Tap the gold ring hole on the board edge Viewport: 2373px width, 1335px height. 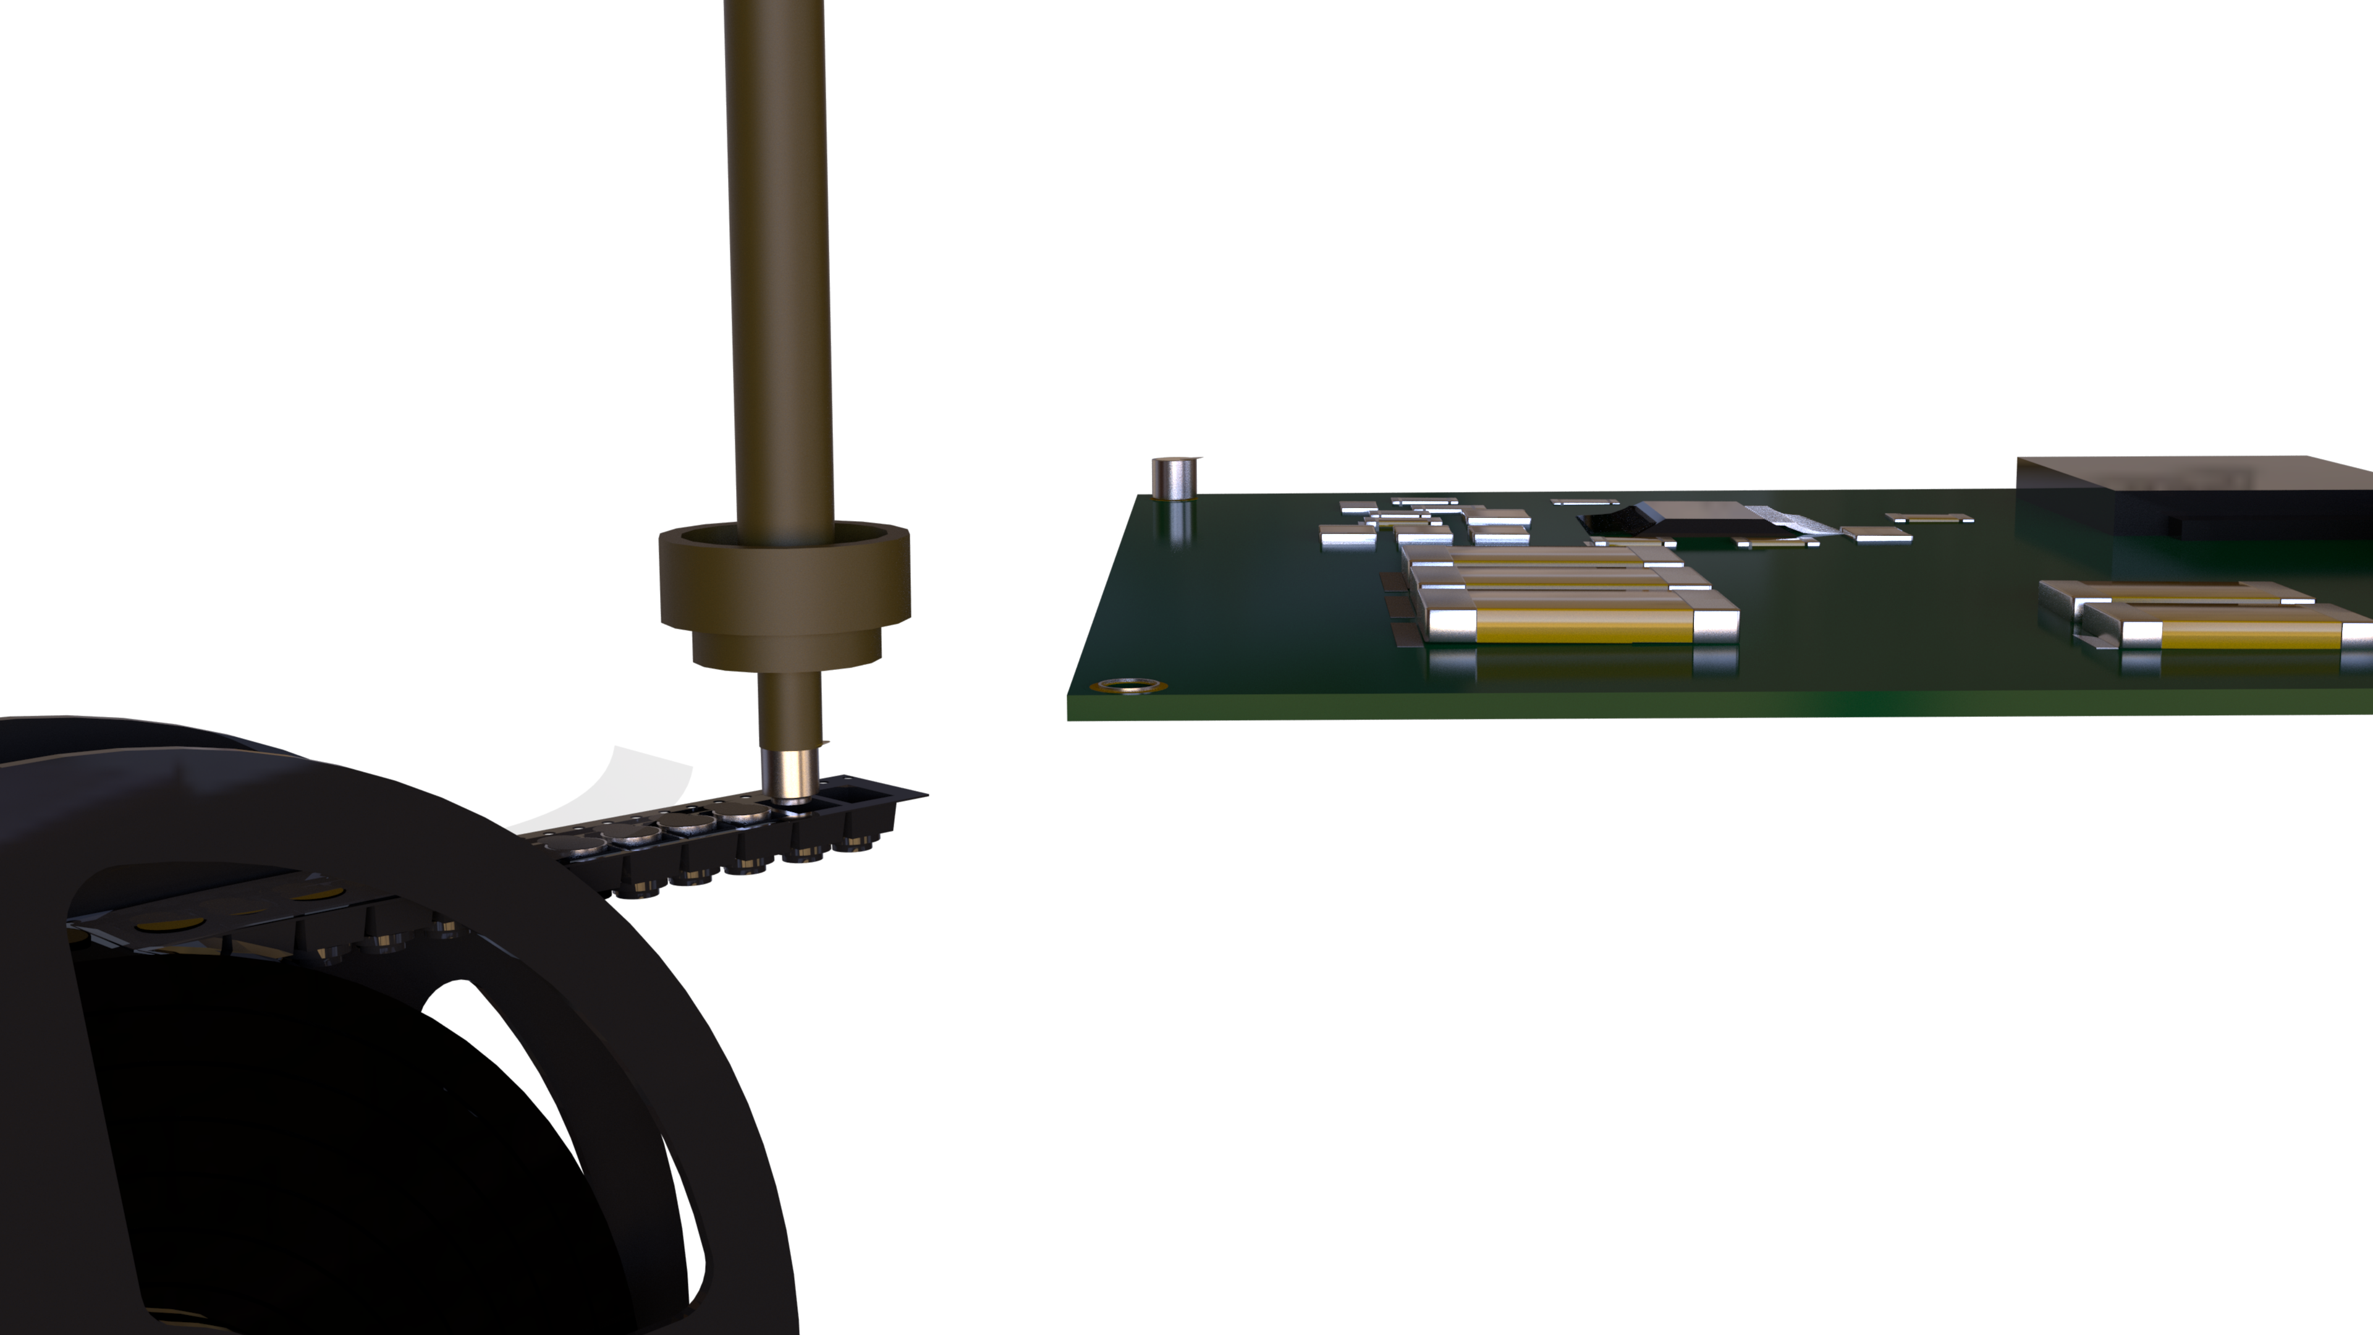[1128, 685]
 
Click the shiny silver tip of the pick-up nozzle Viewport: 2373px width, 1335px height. [790, 776]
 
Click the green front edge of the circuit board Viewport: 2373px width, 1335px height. [1658, 705]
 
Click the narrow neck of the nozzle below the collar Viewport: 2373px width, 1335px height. [790, 710]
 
